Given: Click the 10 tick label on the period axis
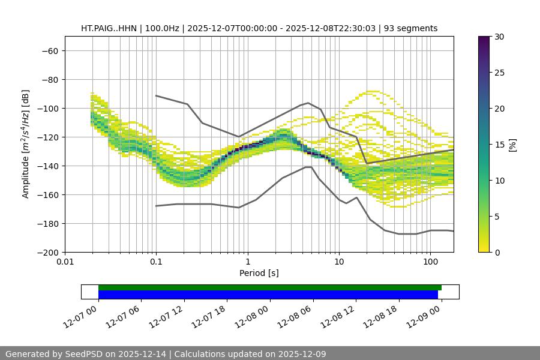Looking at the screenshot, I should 339,262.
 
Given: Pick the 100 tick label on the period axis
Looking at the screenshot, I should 430,262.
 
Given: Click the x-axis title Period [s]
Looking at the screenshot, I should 259,273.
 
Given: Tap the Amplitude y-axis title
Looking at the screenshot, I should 26,144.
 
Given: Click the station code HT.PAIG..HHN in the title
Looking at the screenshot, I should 109,28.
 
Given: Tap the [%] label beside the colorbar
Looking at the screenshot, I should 512,145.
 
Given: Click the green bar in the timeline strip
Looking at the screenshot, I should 270,287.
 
